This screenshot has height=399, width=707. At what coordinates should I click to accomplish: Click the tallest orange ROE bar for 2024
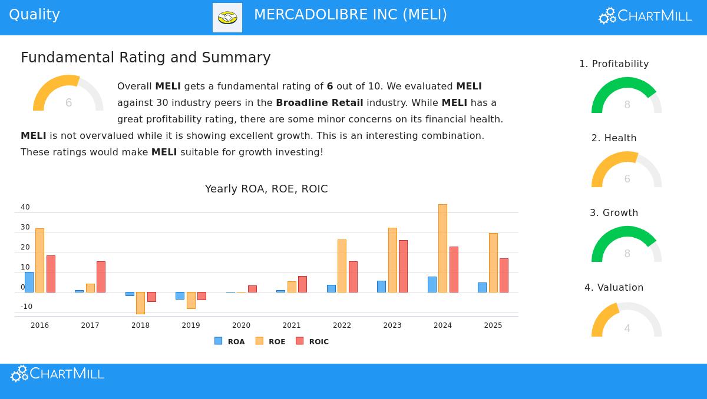click(x=442, y=248)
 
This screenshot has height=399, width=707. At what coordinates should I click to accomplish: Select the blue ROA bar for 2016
click(x=29, y=282)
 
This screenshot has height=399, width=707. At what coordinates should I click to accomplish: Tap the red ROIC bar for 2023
click(x=403, y=266)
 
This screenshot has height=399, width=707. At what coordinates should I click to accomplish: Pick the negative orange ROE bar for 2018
click(x=140, y=302)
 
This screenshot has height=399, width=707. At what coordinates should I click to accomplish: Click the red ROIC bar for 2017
click(x=101, y=277)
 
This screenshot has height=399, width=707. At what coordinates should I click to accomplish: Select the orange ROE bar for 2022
click(x=342, y=265)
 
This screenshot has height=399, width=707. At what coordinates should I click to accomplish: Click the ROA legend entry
click(x=230, y=341)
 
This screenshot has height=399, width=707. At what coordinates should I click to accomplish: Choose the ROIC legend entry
click(x=312, y=341)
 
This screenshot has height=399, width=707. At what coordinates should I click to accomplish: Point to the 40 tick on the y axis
click(x=25, y=207)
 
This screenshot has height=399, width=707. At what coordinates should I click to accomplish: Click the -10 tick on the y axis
click(x=27, y=307)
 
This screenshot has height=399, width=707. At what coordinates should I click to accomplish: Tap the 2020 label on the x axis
click(x=241, y=325)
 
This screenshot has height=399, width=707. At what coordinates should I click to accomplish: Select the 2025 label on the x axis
click(x=493, y=325)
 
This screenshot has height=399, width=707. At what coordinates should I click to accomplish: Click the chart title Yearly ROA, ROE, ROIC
click(x=266, y=189)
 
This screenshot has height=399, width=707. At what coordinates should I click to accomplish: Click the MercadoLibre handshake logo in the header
click(x=227, y=18)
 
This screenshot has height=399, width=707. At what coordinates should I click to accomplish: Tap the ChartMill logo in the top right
click(x=645, y=16)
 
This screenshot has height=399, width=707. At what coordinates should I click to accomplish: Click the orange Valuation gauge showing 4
click(x=626, y=321)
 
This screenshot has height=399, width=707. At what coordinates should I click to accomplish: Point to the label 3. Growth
click(x=614, y=213)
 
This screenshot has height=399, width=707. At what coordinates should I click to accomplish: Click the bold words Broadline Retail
click(x=319, y=103)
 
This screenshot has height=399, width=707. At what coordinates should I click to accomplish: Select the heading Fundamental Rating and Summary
click(x=146, y=58)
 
